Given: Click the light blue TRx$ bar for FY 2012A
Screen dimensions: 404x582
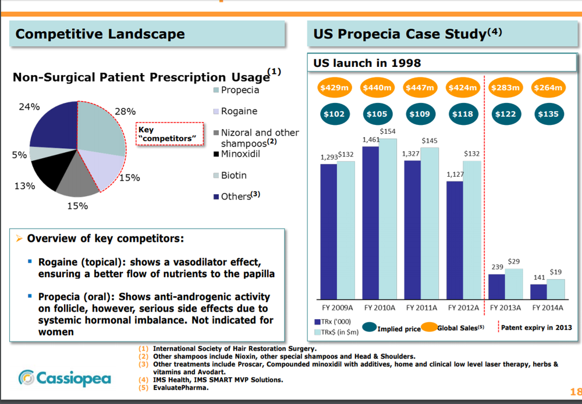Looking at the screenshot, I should click(x=471, y=229).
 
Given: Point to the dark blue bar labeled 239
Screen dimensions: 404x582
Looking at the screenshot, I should click(x=496, y=286).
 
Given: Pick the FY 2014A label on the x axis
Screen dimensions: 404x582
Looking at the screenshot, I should click(x=547, y=308).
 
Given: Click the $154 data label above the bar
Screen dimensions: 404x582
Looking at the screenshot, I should click(x=388, y=132).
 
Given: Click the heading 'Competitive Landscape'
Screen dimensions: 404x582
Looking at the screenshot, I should click(x=100, y=34).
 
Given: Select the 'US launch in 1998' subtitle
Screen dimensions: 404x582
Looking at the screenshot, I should click(x=367, y=63).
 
